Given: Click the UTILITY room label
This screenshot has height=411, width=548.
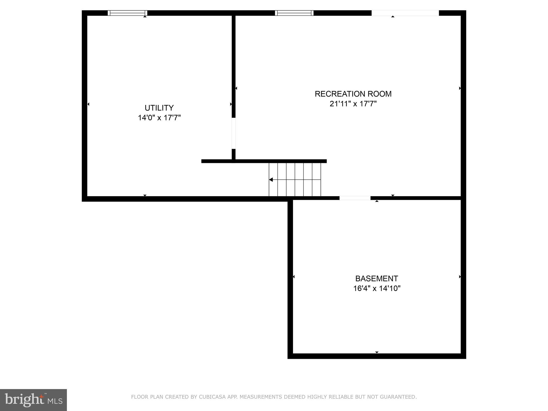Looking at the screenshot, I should pyautogui.click(x=159, y=108).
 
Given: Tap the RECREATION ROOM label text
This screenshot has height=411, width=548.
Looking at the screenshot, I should pyautogui.click(x=353, y=94).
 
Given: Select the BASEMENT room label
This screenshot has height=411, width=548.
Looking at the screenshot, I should pyautogui.click(x=376, y=279).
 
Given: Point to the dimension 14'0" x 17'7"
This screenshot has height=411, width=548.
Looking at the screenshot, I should pyautogui.click(x=159, y=118).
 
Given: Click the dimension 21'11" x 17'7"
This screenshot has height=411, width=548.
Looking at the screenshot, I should pyautogui.click(x=353, y=104).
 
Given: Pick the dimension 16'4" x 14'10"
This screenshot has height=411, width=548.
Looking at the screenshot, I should pyautogui.click(x=376, y=288).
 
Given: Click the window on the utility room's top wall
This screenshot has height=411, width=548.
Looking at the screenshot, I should pyautogui.click(x=127, y=13).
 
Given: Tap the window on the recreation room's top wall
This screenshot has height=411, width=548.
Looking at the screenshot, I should pyautogui.click(x=294, y=13).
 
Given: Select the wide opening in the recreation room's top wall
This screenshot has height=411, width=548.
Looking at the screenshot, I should pyautogui.click(x=405, y=13).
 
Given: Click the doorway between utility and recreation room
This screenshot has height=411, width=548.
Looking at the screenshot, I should pyautogui.click(x=234, y=133).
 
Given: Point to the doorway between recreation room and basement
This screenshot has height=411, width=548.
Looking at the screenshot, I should pyautogui.click(x=355, y=198).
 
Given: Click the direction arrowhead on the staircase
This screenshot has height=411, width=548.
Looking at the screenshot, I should pyautogui.click(x=271, y=180).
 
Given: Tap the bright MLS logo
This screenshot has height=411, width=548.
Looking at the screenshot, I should pyautogui.click(x=33, y=400).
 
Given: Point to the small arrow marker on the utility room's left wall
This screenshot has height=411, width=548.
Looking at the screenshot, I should pyautogui.click(x=88, y=104).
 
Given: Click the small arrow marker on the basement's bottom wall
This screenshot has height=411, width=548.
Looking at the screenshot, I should pyautogui.click(x=377, y=352).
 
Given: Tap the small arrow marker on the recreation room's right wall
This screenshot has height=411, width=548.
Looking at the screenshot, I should pyautogui.click(x=460, y=88).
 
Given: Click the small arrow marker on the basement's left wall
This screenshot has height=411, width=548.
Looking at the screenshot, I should pyautogui.click(x=294, y=277).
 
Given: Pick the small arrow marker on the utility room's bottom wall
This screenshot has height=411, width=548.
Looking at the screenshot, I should pyautogui.click(x=145, y=195).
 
